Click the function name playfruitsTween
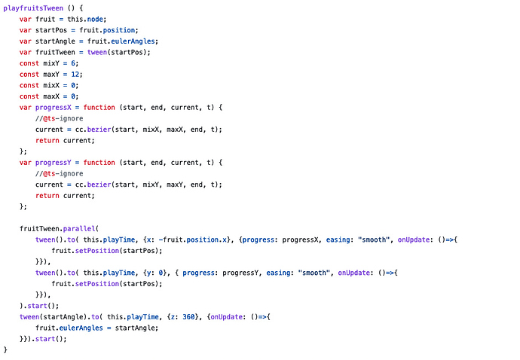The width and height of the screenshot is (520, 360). pyautogui.click(x=33, y=8)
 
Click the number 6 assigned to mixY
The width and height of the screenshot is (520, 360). pyautogui.click(x=73, y=63)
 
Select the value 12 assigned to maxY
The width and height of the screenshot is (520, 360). pyautogui.click(x=75, y=75)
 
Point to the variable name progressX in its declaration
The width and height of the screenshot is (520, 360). pyautogui.click(x=54, y=108)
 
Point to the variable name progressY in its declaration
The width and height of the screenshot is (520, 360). pyautogui.click(x=54, y=163)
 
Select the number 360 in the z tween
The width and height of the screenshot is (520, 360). pyautogui.click(x=188, y=317)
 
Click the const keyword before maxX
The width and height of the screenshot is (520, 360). pyautogui.click(x=29, y=96)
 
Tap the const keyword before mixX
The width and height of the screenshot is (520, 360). pyautogui.click(x=29, y=86)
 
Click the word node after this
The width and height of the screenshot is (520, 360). pyautogui.click(x=95, y=20)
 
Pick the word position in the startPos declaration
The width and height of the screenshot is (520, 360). pyautogui.click(x=119, y=30)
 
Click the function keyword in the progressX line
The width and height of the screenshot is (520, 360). pyautogui.click(x=99, y=108)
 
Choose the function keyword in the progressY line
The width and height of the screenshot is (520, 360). pyautogui.click(x=99, y=163)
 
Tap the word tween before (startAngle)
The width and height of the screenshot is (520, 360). pyautogui.click(x=29, y=317)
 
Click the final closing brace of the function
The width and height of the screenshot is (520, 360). pyautogui.click(x=5, y=349)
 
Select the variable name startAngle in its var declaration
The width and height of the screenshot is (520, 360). pyautogui.click(x=55, y=41)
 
